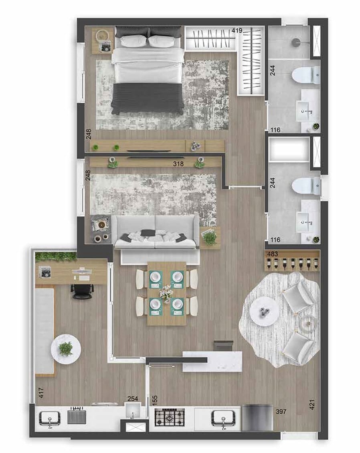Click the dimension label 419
point(238,30)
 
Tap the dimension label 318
point(178,163)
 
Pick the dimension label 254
point(132,399)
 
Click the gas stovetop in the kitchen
point(170,417)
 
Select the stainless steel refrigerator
point(257,418)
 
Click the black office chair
point(82,290)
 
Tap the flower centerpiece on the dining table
point(166,293)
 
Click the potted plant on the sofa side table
point(210,238)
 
